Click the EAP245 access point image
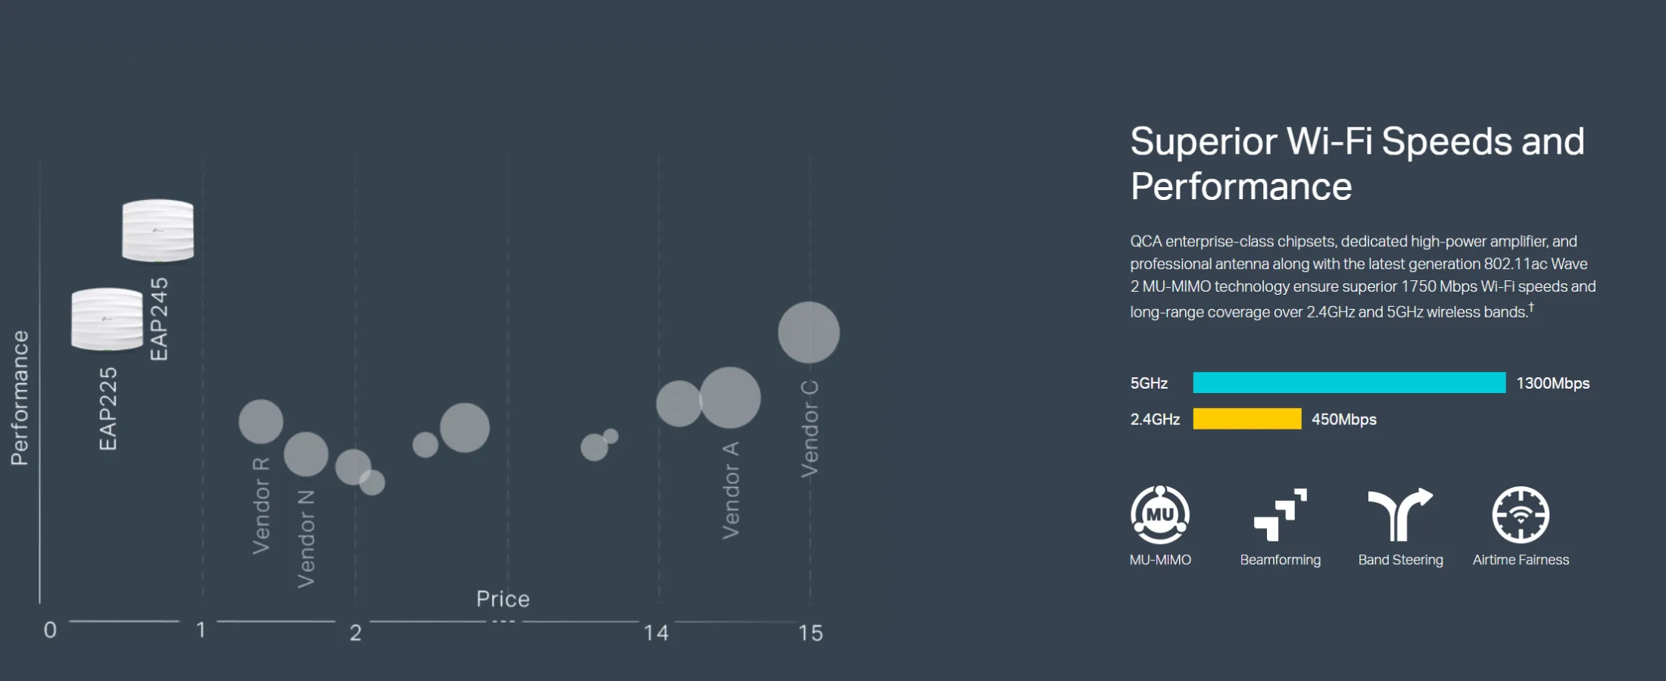pos(158,230)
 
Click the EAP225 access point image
pos(107,319)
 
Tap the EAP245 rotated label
pos(159,319)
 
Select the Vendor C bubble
pos(809,333)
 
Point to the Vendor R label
pos(261,505)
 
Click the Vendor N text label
pos(305,539)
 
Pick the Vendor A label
pos(730,490)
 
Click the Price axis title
pos(503,599)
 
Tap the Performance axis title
pos(20,398)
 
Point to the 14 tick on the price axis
pos(656,633)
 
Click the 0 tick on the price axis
pos(50,630)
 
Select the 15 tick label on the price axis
pos(810,633)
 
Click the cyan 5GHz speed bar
pos(1349,383)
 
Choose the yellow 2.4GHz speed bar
pos(1247,419)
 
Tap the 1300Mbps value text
pos(1553,383)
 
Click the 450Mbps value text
pos(1344,420)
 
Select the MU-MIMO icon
pos(1160,515)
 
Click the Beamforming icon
pos(1281,515)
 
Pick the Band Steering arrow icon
pos(1400,515)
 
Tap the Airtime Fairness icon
pos(1521,515)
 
